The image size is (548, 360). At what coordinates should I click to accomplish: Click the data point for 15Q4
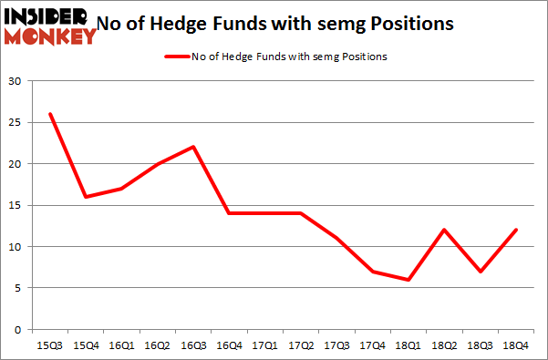point(86,197)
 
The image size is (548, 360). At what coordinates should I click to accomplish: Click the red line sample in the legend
point(175,57)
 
